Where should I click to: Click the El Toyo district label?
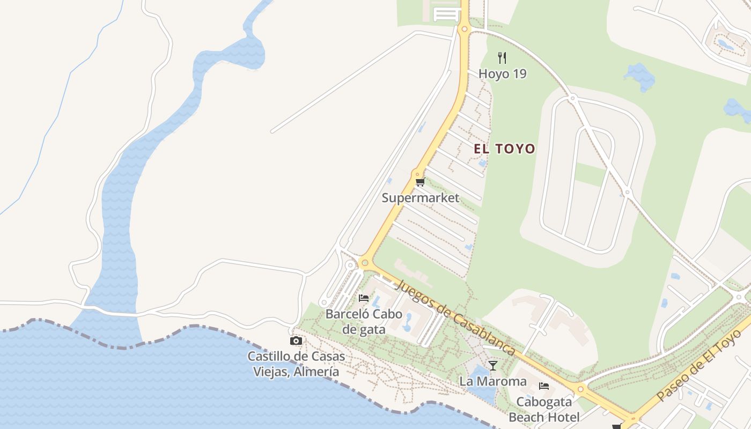tap(504, 149)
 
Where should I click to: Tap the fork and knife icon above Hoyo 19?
tap(502, 58)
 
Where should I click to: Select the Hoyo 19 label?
tap(502, 74)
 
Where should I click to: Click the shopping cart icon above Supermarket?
tap(420, 182)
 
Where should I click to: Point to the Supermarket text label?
tap(420, 198)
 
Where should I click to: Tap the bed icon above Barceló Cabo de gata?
tap(364, 298)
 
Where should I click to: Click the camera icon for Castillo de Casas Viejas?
tap(296, 341)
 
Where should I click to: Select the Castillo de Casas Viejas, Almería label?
tap(296, 364)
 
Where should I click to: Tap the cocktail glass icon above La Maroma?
tap(493, 366)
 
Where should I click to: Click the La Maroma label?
tap(493, 381)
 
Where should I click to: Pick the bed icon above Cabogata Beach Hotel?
tap(544, 386)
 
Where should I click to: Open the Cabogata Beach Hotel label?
tap(544, 409)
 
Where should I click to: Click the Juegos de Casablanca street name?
tap(455, 317)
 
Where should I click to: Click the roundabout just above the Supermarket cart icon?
tap(417, 174)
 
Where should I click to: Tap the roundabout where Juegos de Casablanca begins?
tap(365, 263)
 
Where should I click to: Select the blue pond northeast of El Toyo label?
tap(639, 76)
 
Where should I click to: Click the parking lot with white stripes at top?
tap(447, 14)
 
